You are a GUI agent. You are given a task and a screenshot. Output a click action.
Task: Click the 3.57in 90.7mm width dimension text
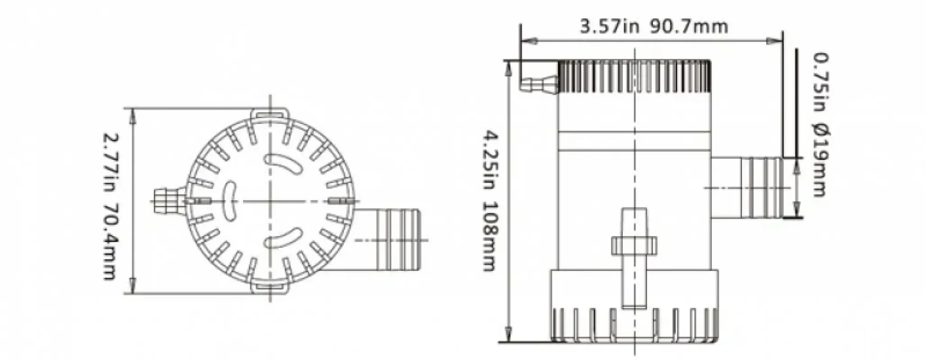point(653,27)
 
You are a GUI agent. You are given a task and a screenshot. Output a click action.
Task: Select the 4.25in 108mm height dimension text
point(489,201)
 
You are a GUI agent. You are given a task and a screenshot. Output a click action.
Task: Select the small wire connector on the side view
point(539,85)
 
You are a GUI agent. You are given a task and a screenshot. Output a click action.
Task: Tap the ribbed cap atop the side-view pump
point(634,76)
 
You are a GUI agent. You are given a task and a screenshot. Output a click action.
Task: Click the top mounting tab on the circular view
point(270,113)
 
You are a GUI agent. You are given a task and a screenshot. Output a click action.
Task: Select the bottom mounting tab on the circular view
point(270,290)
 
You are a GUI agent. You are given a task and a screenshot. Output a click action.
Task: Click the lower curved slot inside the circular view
point(283,238)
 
